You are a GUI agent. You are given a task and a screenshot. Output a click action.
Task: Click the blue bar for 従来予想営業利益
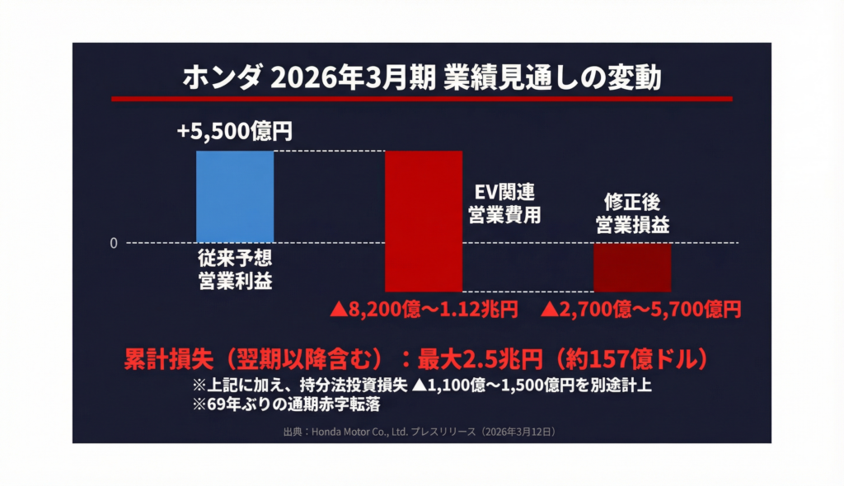click(235, 196)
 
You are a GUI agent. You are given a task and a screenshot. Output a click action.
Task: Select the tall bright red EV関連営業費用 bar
click(424, 220)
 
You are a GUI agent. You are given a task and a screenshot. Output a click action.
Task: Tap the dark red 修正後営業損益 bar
click(632, 267)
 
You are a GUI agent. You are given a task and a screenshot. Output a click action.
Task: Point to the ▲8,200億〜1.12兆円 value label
click(424, 310)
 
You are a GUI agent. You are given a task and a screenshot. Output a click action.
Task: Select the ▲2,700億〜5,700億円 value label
click(641, 310)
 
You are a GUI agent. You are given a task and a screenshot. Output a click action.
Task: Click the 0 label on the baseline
click(114, 243)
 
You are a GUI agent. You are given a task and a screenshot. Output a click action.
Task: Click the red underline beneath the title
click(422, 99)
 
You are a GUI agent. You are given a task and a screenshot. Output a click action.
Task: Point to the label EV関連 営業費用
click(503, 204)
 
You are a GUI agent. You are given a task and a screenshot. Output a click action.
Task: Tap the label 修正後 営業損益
click(632, 213)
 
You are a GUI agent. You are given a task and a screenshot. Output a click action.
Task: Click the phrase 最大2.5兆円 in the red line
click(485, 360)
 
